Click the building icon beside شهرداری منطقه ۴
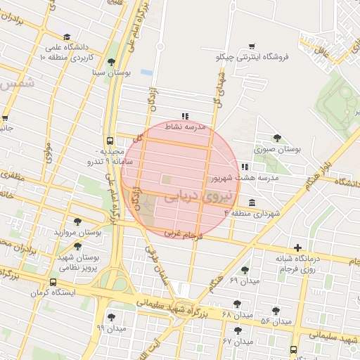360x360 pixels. coord(252,202)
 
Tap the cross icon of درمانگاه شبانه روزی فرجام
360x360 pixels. coord(298,248)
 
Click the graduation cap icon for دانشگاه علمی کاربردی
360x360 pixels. coord(67,37)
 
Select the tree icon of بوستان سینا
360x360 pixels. coord(111,62)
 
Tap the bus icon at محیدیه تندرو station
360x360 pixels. coord(109,140)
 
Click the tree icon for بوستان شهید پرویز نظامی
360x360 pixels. coord(77,246)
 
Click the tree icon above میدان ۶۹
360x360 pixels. coord(245,270)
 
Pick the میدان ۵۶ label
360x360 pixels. coord(276,321)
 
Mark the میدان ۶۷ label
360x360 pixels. coord(237,341)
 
